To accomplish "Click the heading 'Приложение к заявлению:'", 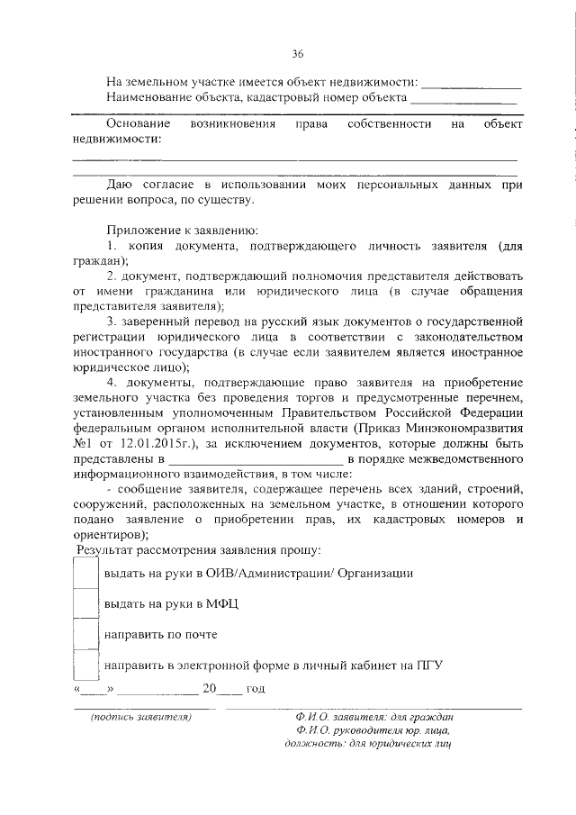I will tap(183, 229).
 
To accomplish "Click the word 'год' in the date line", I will tap(255, 689).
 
